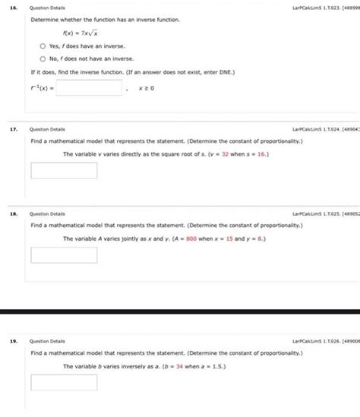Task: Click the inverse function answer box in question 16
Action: coord(90,89)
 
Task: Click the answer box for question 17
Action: coord(64,170)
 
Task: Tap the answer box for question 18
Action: coord(64,254)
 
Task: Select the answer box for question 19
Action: coord(64,381)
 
